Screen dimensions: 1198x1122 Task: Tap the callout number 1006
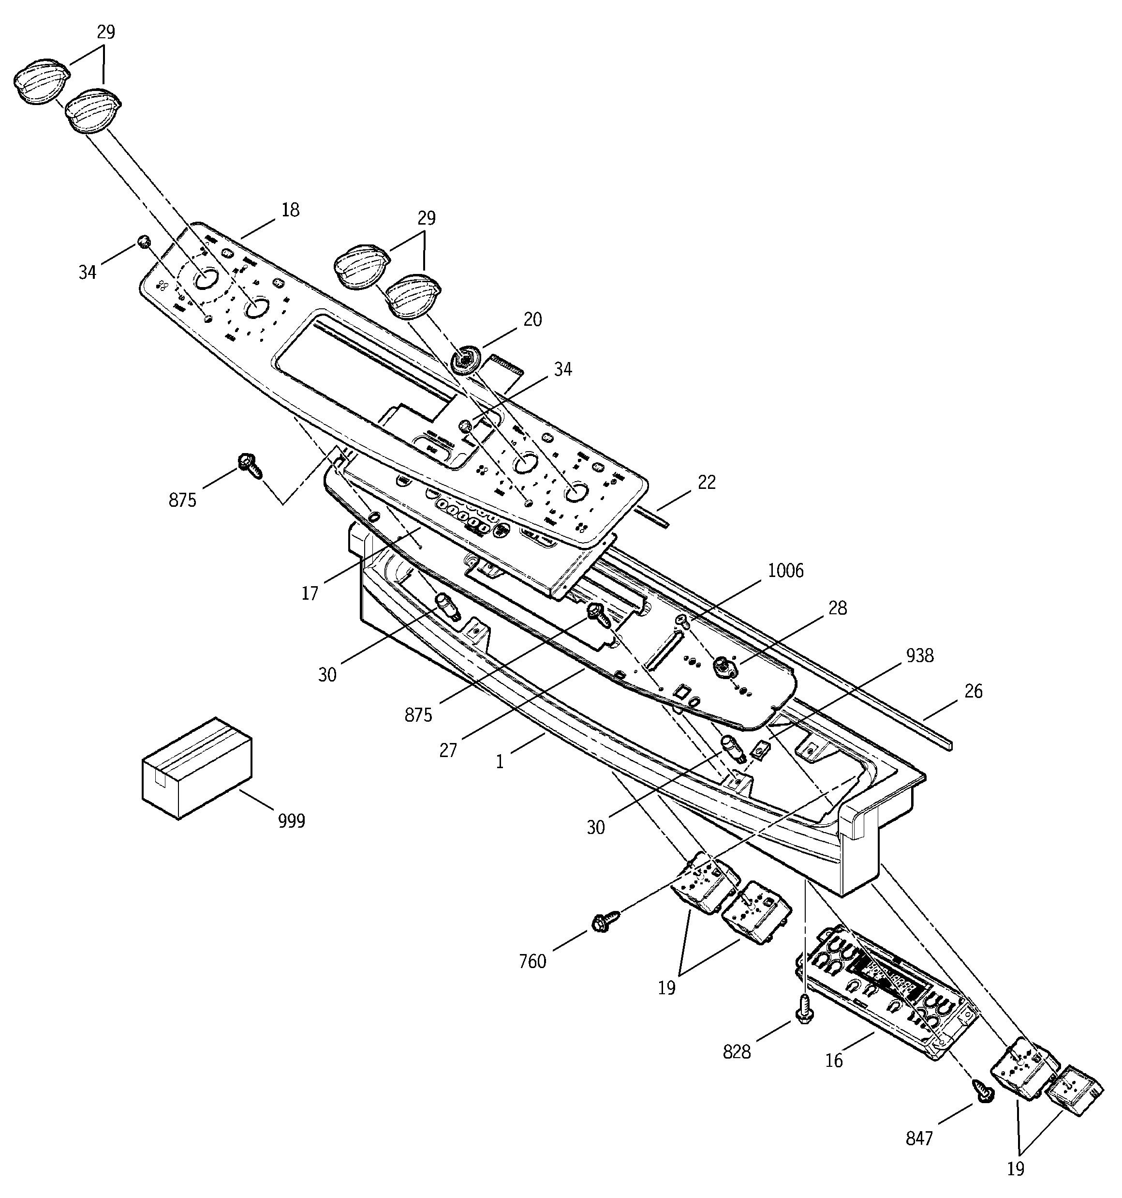[785, 570]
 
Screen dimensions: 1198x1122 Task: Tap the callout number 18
[290, 210]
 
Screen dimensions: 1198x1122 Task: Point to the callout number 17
[310, 593]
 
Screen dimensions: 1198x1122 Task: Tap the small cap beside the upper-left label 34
[143, 242]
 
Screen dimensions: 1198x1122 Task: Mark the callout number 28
[837, 608]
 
